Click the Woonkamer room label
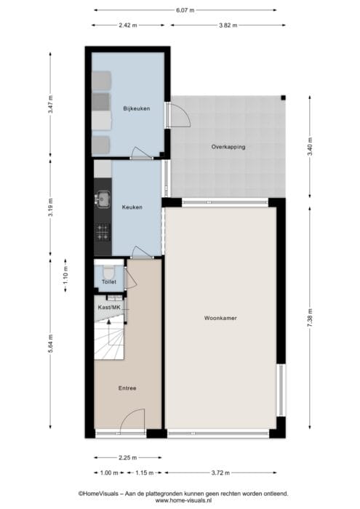tap(220, 318)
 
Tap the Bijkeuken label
tap(137, 108)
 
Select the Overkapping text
tap(228, 147)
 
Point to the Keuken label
tap(132, 207)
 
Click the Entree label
tap(127, 388)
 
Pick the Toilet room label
tap(109, 282)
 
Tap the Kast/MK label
tap(109, 307)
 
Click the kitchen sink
tap(103, 199)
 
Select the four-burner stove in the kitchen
tap(103, 233)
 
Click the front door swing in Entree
tap(132, 421)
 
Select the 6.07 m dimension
tap(185, 10)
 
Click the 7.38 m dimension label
tap(310, 318)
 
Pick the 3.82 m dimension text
tap(228, 25)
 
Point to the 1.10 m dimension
tap(65, 276)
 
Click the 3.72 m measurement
tap(221, 473)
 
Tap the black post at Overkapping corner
tap(284, 97)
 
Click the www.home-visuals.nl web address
tap(183, 500)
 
